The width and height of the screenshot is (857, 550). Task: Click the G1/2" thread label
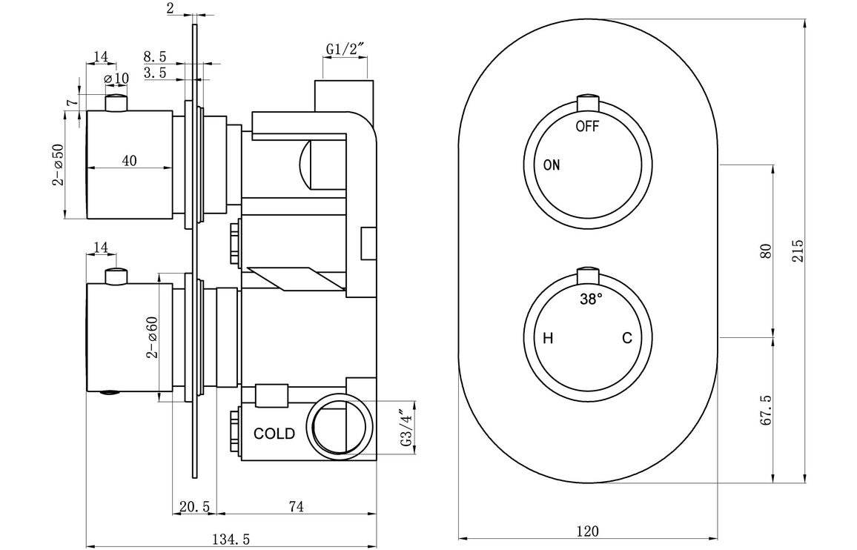point(345,50)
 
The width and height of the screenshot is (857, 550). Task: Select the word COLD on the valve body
point(274,434)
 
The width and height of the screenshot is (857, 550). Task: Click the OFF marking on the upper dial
point(587,126)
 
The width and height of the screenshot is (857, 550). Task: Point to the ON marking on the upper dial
point(552,165)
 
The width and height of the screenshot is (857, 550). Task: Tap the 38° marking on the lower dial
point(591,299)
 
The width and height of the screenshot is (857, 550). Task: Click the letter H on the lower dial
point(548,339)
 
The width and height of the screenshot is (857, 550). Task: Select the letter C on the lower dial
point(627,339)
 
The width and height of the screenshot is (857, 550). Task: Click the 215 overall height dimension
point(798,251)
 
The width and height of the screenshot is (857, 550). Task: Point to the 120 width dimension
point(586,531)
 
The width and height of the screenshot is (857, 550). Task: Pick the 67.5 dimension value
point(767,408)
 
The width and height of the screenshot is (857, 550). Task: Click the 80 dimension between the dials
point(767,251)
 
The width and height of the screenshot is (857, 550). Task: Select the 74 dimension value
point(296,507)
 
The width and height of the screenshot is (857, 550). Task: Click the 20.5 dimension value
point(195,507)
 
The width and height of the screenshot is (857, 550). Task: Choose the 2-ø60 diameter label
point(152,337)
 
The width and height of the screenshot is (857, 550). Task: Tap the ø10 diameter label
point(117,79)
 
